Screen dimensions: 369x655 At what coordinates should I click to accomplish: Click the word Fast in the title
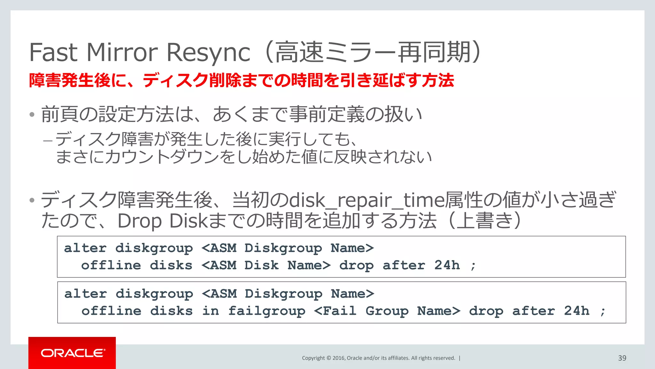click(53, 52)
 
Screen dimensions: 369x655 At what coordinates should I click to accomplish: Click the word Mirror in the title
click(122, 52)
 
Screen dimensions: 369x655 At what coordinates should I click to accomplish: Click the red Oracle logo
click(72, 353)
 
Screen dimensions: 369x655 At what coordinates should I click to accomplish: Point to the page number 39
click(622, 358)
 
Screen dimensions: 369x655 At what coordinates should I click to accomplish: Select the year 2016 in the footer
click(338, 358)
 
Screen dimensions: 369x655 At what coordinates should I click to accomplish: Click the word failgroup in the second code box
click(267, 311)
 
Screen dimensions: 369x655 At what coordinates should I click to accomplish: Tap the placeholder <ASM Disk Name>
click(266, 265)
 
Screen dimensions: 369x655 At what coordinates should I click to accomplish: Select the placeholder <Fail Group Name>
click(387, 311)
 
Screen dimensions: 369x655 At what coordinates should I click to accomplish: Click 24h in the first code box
click(447, 265)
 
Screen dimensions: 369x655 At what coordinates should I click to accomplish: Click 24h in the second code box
click(576, 311)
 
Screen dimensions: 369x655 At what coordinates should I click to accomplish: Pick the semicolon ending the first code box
click(473, 266)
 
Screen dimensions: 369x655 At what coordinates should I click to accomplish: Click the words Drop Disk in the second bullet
click(162, 221)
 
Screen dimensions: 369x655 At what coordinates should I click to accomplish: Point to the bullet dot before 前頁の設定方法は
click(32, 115)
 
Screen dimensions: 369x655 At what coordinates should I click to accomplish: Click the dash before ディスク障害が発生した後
click(48, 140)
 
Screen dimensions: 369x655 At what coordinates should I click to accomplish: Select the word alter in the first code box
click(85, 248)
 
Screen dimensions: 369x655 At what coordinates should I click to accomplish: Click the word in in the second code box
click(210, 311)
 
